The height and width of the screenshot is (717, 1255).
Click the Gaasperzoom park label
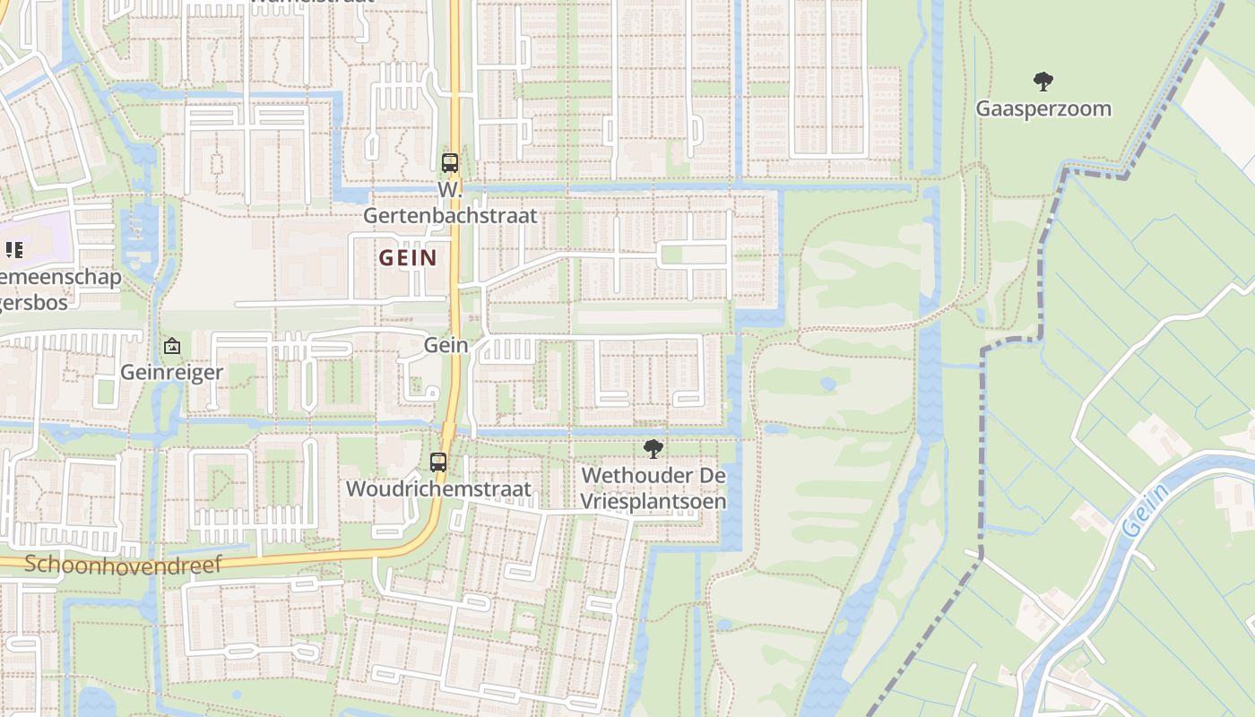coord(1043,109)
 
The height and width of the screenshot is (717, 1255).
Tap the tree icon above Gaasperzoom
coord(1043,82)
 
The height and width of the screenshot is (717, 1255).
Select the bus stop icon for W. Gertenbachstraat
coord(450,163)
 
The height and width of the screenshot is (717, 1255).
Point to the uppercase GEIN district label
coord(408,258)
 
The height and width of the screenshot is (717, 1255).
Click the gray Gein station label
coord(446,345)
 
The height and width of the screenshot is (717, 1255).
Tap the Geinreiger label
coord(171,372)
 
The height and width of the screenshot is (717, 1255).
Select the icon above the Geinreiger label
coord(171,346)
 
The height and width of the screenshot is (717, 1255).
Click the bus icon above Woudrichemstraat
coord(438,462)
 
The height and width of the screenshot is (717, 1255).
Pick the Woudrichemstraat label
coord(438,489)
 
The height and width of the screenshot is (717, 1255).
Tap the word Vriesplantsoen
coord(653,501)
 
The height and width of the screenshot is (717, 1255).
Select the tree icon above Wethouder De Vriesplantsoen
coord(653,449)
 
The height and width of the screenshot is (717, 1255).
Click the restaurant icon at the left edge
coord(13,249)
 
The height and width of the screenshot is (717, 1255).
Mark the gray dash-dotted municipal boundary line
coord(982,448)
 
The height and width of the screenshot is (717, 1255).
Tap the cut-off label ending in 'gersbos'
coord(34,303)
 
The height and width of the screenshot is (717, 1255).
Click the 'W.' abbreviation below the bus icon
coord(450,190)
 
